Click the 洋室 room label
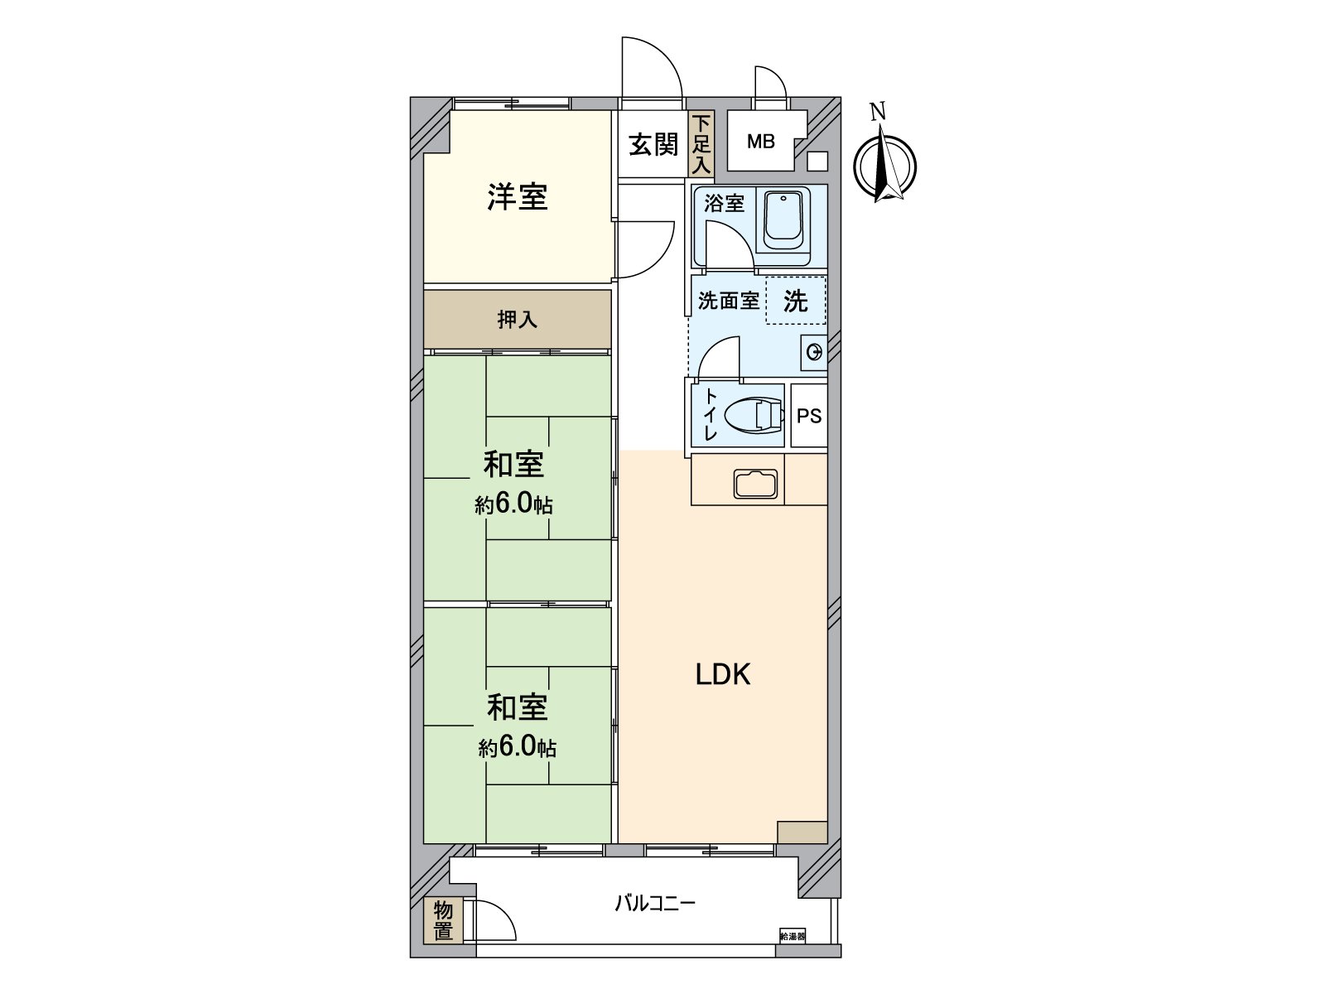pyautogui.click(x=518, y=197)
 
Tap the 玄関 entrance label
pyautogui.click(x=653, y=145)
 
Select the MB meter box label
pyautogui.click(x=761, y=142)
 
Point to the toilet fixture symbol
pyautogui.click(x=754, y=415)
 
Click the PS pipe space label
pyautogui.click(x=809, y=416)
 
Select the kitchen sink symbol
pyautogui.click(x=756, y=485)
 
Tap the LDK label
pyautogui.click(x=723, y=675)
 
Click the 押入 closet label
pyautogui.click(x=518, y=320)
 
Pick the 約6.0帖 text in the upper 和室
pyautogui.click(x=514, y=504)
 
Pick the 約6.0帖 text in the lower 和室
pyautogui.click(x=518, y=748)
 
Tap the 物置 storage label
pyautogui.click(x=443, y=920)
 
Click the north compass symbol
pyautogui.click(x=884, y=167)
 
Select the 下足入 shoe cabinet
pyautogui.click(x=701, y=144)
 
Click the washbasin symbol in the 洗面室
pyautogui.click(x=814, y=354)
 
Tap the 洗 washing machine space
pyautogui.click(x=796, y=301)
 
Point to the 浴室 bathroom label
pyautogui.click(x=724, y=203)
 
